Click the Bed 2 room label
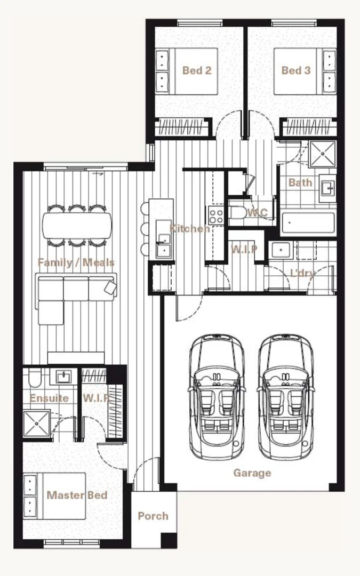coord(196,70)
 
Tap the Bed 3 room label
coord(295,70)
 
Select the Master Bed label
coord(77,495)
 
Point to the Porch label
coord(153,516)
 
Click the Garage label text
coord(252,473)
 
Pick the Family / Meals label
coord(76,262)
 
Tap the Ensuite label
coord(49,398)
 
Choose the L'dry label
coord(302,274)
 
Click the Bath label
coord(300,182)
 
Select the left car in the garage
coord(216,397)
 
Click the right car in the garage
coord(283,397)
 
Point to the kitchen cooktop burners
coord(216,215)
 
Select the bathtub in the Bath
coord(308,223)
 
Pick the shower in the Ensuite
coord(37,424)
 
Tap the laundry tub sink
coord(280,250)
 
